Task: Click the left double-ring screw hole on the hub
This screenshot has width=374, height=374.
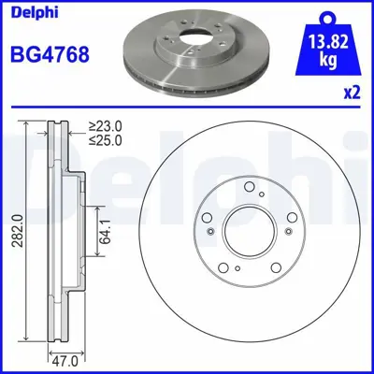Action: coord(213,232)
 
